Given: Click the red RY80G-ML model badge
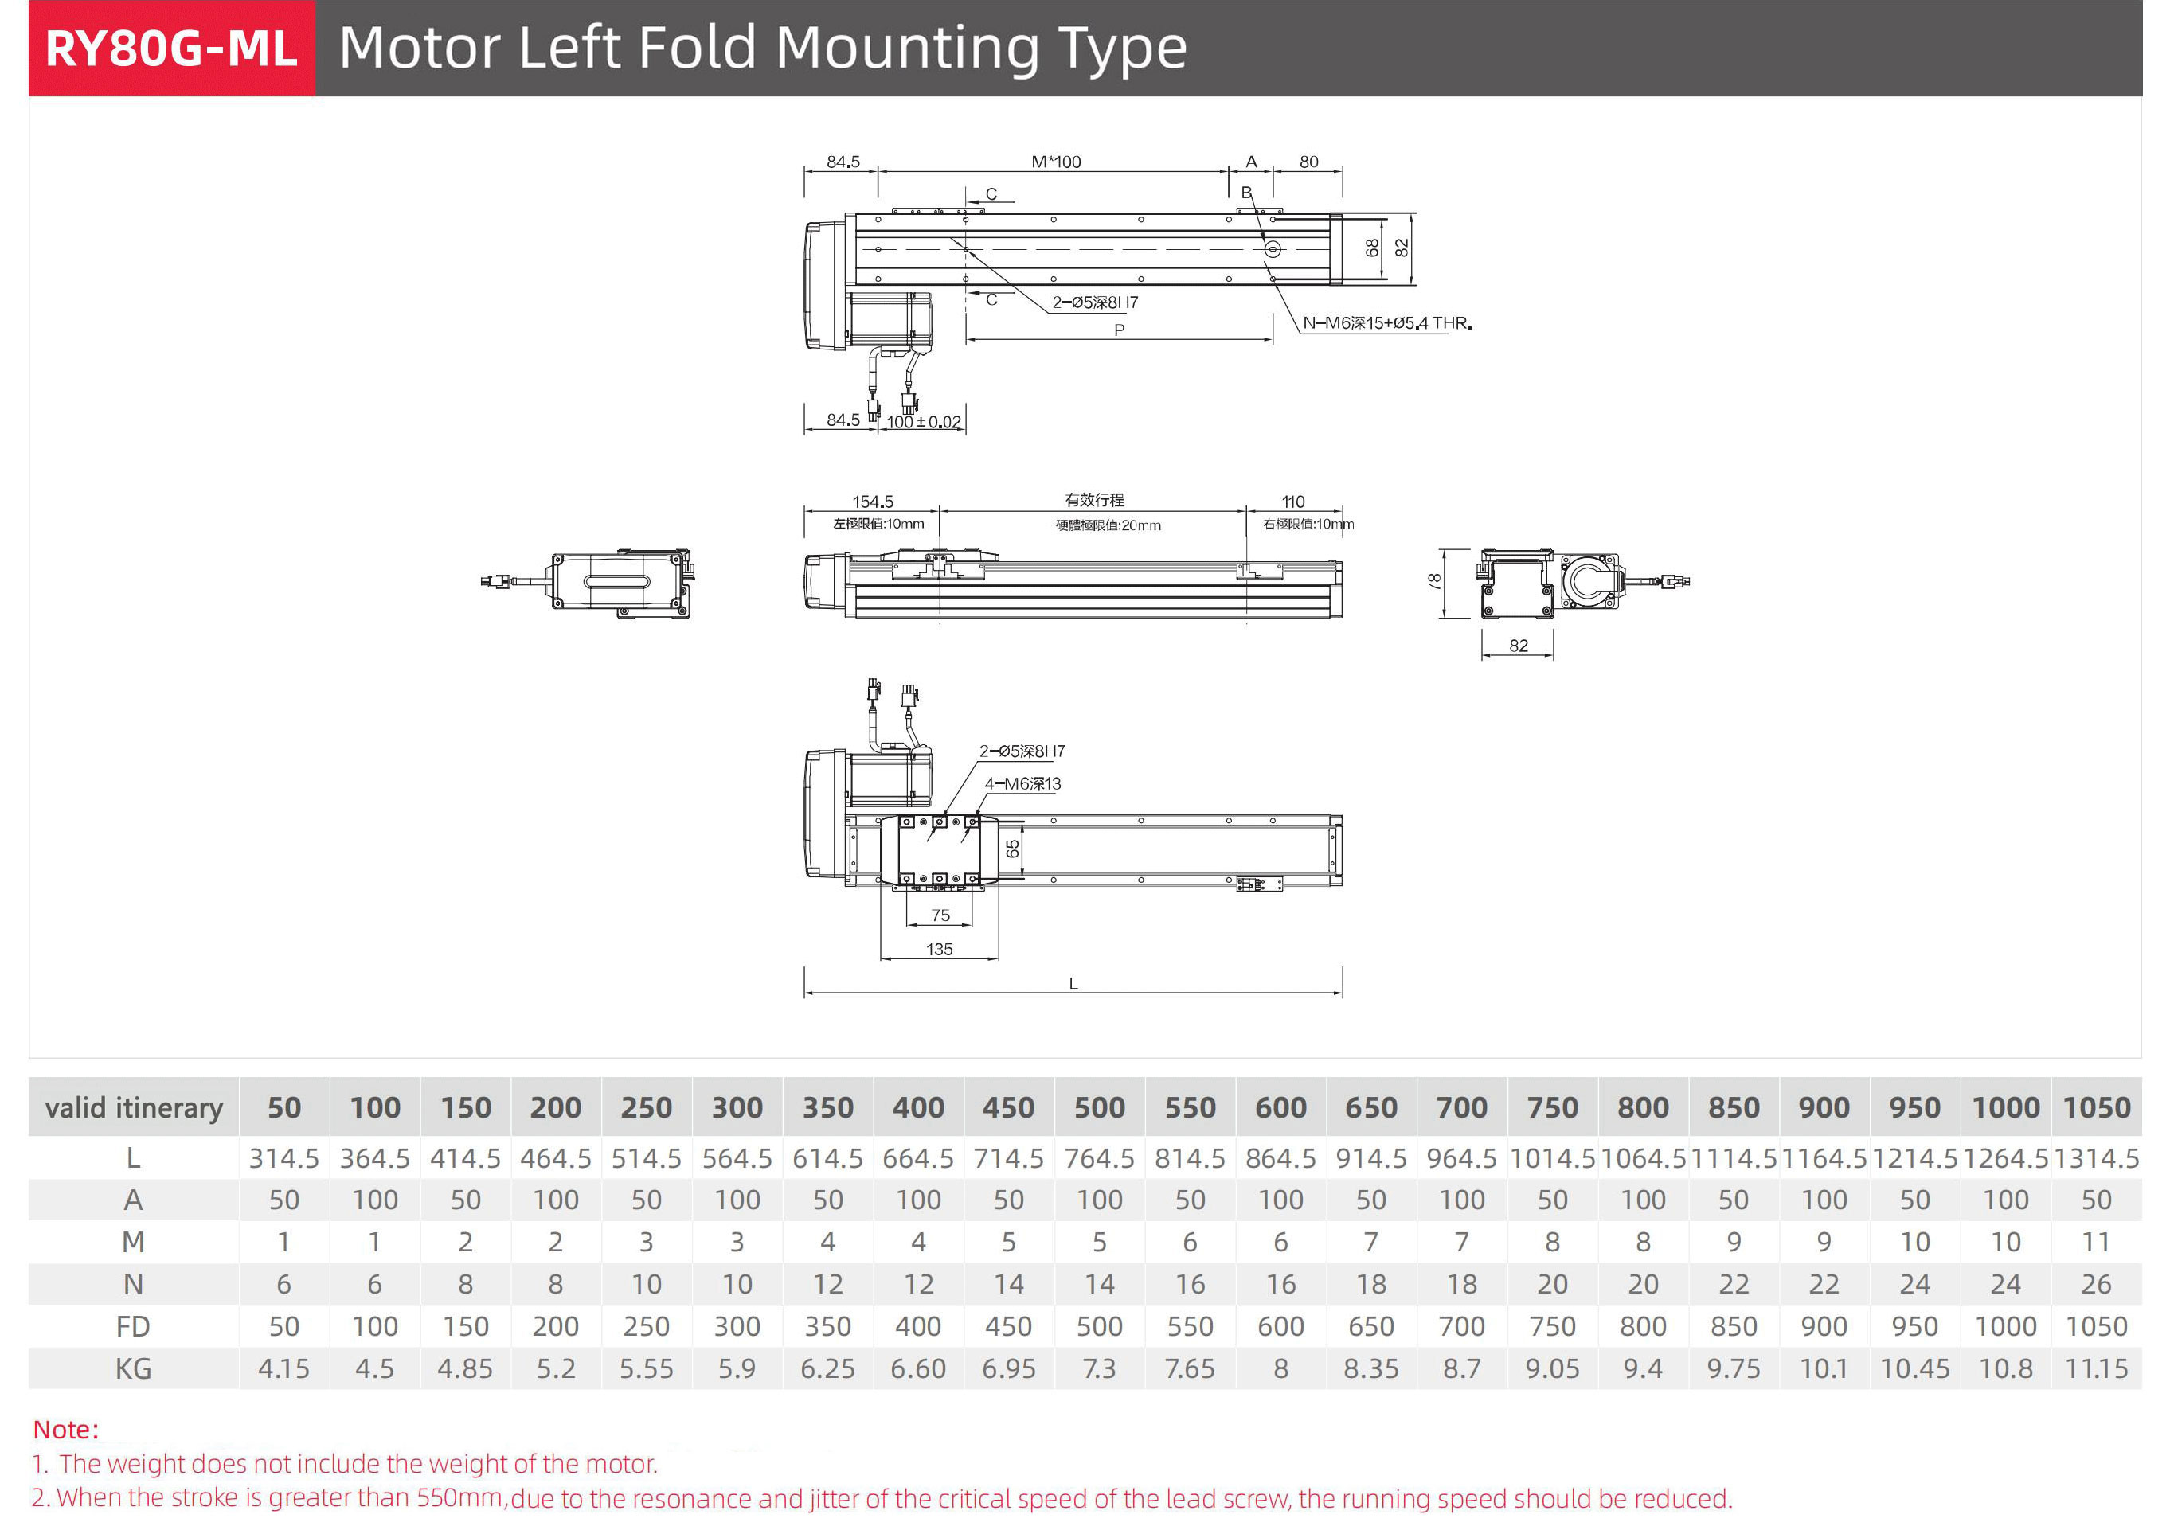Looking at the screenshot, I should point(171,49).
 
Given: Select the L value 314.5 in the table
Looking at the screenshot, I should point(283,1158).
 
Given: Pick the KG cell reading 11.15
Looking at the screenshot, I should point(2095,1368).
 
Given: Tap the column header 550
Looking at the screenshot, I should point(1190,1107).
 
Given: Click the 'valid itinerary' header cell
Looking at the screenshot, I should point(133,1107).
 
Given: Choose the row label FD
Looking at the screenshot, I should point(133,1327).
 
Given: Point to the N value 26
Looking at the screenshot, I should point(2095,1284).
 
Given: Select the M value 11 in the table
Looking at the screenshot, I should point(2095,1242).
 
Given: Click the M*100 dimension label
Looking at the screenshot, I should point(1056,162).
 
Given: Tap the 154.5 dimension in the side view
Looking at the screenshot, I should point(872,502).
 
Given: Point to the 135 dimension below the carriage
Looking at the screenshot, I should point(940,950).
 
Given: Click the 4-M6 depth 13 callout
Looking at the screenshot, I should point(1022,784).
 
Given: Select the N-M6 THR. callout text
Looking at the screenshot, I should point(1386,323).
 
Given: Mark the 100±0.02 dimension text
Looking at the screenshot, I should point(924,423).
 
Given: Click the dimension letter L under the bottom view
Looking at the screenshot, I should point(1073,984).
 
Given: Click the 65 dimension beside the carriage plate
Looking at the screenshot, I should point(1012,849).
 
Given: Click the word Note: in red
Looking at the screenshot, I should point(66,1430).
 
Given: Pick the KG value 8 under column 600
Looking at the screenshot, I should point(1280,1368).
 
